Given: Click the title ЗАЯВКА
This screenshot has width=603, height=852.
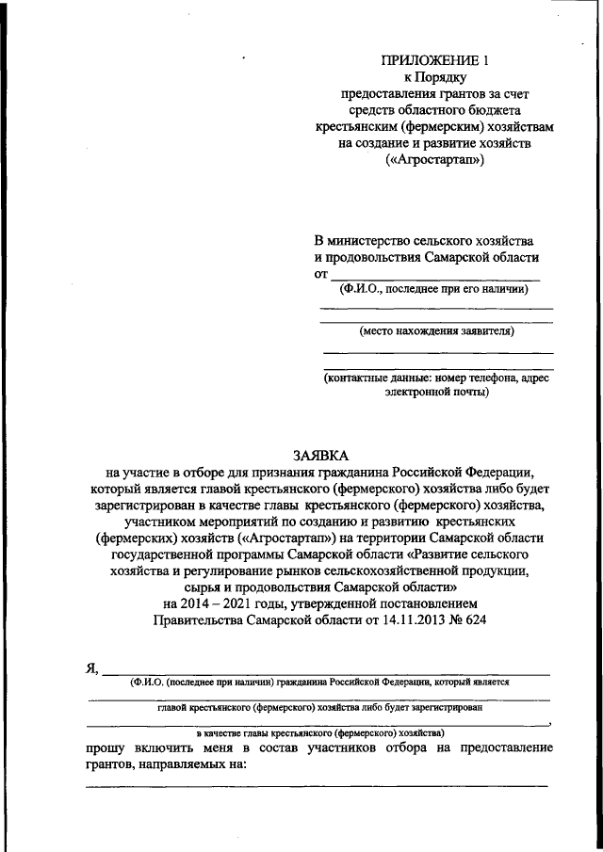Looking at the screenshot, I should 319,454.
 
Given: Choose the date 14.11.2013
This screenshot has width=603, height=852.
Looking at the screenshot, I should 415,621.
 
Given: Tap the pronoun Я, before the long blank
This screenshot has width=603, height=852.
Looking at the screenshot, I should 91,669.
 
